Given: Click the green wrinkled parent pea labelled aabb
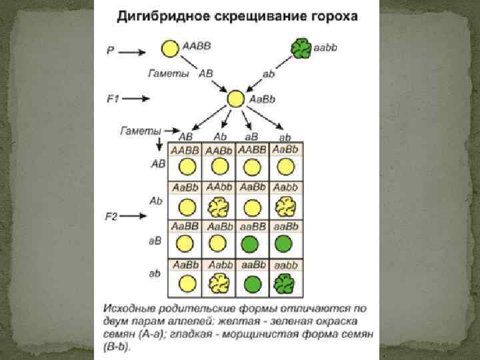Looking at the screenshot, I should coord(301,49).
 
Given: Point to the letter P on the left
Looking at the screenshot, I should coord(111,50).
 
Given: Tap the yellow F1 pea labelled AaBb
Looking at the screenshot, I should coord(235,99).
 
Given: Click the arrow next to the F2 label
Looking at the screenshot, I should coord(141,215).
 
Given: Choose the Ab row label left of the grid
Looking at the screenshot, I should coord(156,200).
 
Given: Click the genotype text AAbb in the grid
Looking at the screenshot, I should coord(219,187).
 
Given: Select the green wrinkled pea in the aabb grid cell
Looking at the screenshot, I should coord(286,285).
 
